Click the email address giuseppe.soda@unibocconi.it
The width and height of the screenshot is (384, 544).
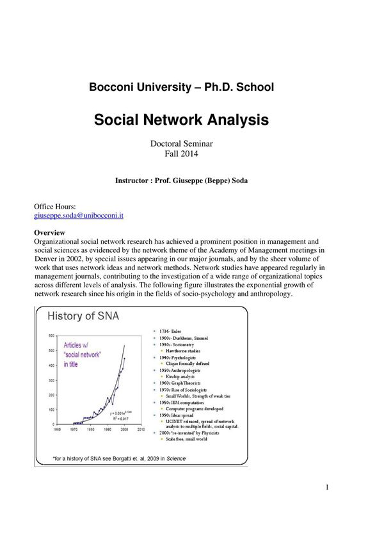point(78,216)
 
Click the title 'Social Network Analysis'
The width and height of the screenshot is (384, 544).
point(181,120)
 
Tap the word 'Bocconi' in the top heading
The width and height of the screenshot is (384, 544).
point(113,87)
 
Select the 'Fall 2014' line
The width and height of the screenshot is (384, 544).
point(181,154)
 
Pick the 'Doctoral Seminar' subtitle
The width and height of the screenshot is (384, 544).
point(181,143)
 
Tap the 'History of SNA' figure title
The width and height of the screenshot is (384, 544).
point(83,315)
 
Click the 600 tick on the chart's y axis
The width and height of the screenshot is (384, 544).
point(51,335)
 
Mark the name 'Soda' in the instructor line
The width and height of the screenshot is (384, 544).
point(236,180)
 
